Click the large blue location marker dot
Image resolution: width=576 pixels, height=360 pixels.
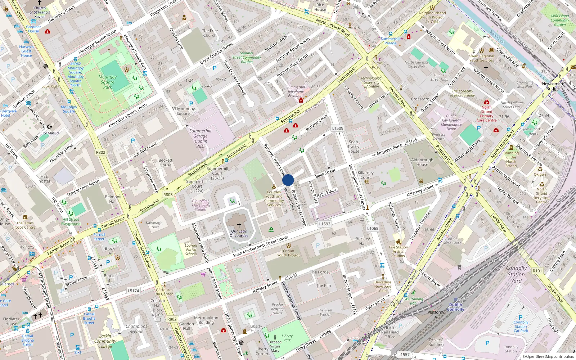288,180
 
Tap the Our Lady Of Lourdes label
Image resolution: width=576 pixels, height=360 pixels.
239,233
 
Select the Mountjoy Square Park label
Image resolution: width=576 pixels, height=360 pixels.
108,82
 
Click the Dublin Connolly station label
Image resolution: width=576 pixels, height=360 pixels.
456,307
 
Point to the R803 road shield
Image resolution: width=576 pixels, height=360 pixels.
168,194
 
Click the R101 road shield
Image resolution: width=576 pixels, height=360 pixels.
537,271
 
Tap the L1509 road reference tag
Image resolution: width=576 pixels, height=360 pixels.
338,128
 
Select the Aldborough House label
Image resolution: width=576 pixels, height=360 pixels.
422,162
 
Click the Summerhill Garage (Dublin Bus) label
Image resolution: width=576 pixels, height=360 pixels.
200,138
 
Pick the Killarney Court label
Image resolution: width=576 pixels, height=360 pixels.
366,175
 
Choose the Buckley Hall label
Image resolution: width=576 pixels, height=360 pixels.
363,241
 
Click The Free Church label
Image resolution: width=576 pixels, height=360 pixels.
210,33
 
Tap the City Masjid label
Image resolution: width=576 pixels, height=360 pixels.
50,133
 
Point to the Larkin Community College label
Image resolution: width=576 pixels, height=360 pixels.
105,341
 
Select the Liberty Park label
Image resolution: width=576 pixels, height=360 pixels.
287,338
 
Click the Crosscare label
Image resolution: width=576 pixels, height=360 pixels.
420,99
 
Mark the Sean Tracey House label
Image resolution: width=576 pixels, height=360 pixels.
354,147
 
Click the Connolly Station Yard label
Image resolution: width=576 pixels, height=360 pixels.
516,274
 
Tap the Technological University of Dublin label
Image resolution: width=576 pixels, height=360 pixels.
372,82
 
